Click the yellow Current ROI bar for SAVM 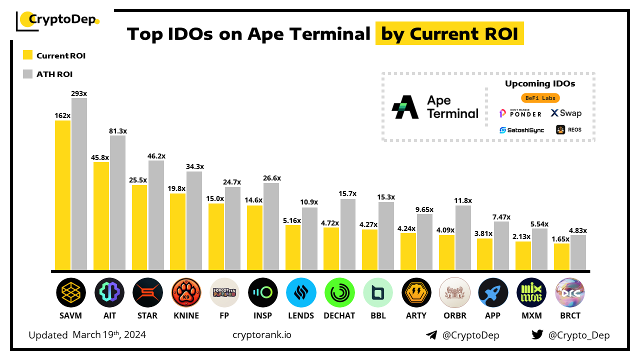pyautogui.click(x=62, y=195)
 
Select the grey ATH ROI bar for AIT pyautogui.click(x=117, y=202)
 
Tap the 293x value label pyautogui.click(x=79, y=93)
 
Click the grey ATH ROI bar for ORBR pyautogui.click(x=463, y=237)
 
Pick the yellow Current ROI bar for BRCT pyautogui.click(x=561, y=257)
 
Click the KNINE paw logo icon pyautogui.click(x=186, y=292)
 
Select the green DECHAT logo pyautogui.click(x=339, y=292)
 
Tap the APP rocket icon pyautogui.click(x=493, y=292)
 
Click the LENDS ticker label pyautogui.click(x=301, y=315)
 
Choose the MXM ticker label pyautogui.click(x=531, y=315)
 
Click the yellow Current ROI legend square pyautogui.click(x=28, y=55)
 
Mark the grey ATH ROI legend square pyautogui.click(x=28, y=74)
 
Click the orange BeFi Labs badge pyautogui.click(x=540, y=98)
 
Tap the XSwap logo pyautogui.click(x=566, y=113)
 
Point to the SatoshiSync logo pyautogui.click(x=521, y=130)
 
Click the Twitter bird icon pyautogui.click(x=537, y=335)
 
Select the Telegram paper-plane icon pyautogui.click(x=431, y=335)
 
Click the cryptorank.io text pyautogui.click(x=262, y=335)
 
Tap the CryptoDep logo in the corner pyautogui.click(x=58, y=20)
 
